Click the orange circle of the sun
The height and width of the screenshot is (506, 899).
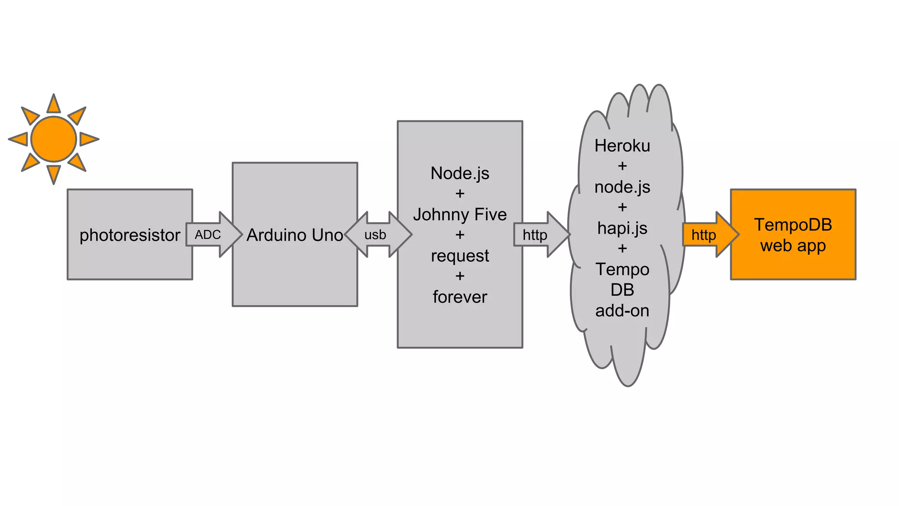(x=54, y=139)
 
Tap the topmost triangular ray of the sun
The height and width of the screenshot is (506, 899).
(x=54, y=105)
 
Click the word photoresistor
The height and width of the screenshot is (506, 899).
(x=129, y=235)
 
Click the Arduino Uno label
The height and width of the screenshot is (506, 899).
(x=295, y=235)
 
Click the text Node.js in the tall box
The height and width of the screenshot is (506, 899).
(x=460, y=173)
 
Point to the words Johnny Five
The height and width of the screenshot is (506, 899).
(x=460, y=214)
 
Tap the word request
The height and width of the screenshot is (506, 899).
(x=460, y=256)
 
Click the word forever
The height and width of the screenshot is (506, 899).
(x=460, y=297)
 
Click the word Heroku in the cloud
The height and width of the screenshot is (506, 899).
(x=622, y=146)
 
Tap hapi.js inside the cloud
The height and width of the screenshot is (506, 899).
(x=622, y=228)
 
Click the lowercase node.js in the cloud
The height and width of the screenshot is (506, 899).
(x=622, y=187)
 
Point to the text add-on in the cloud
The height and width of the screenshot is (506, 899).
(x=622, y=311)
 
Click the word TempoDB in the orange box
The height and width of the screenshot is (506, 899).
(x=793, y=225)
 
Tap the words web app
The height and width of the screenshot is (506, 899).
(x=793, y=246)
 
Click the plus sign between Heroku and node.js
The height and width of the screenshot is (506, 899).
(x=622, y=166)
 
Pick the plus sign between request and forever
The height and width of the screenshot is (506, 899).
(x=460, y=276)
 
